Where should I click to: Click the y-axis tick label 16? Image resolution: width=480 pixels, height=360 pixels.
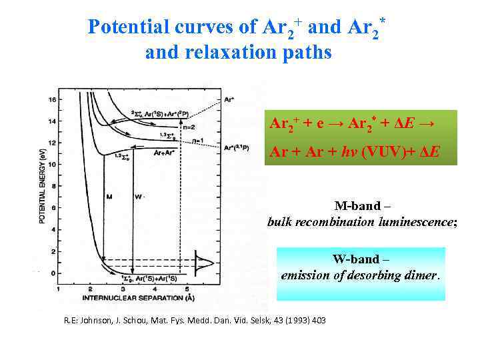[52, 100]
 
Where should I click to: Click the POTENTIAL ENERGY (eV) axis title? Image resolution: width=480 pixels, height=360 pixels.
[42, 186]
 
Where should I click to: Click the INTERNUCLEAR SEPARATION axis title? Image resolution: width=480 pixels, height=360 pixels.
[131, 297]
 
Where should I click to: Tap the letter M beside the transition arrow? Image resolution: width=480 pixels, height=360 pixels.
[109, 197]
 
